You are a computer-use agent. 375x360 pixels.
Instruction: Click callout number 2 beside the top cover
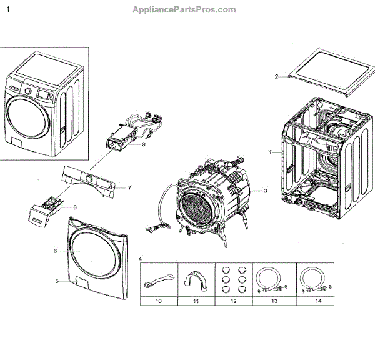tap(276, 77)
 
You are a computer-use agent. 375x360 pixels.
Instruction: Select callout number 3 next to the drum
tap(265, 191)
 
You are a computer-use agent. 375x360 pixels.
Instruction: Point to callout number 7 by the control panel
tap(129, 187)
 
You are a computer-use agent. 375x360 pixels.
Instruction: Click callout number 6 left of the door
tap(55, 251)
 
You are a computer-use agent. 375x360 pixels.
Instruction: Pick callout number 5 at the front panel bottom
tap(57, 281)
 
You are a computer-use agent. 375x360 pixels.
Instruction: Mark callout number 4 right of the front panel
tap(140, 259)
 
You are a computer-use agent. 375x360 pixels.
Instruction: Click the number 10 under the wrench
tap(159, 301)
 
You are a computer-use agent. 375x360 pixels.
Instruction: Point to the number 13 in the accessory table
tap(271, 301)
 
